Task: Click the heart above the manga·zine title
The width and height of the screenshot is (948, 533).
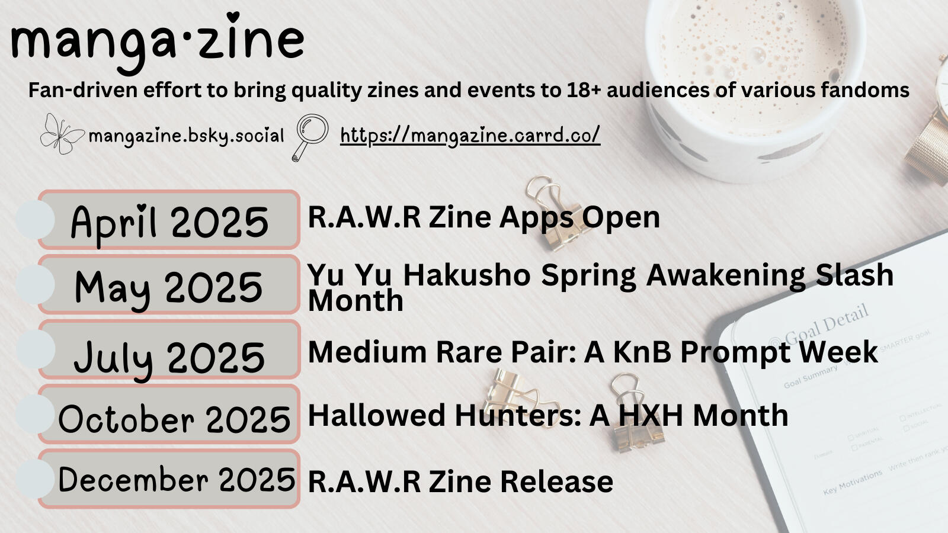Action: (233, 17)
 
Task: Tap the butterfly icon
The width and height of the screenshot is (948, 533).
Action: (62, 134)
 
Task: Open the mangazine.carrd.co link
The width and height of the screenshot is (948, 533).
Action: (470, 136)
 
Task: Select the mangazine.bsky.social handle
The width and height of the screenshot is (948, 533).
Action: (186, 136)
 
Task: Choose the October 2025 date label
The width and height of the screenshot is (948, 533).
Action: (174, 419)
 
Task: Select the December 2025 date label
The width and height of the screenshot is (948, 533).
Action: (177, 479)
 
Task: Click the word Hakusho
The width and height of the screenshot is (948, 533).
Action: (467, 275)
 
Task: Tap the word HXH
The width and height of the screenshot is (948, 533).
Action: (651, 415)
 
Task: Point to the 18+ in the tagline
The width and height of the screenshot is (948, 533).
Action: (584, 89)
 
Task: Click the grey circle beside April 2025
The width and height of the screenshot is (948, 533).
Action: (35, 220)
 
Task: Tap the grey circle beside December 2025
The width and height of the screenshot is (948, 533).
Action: (35, 479)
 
